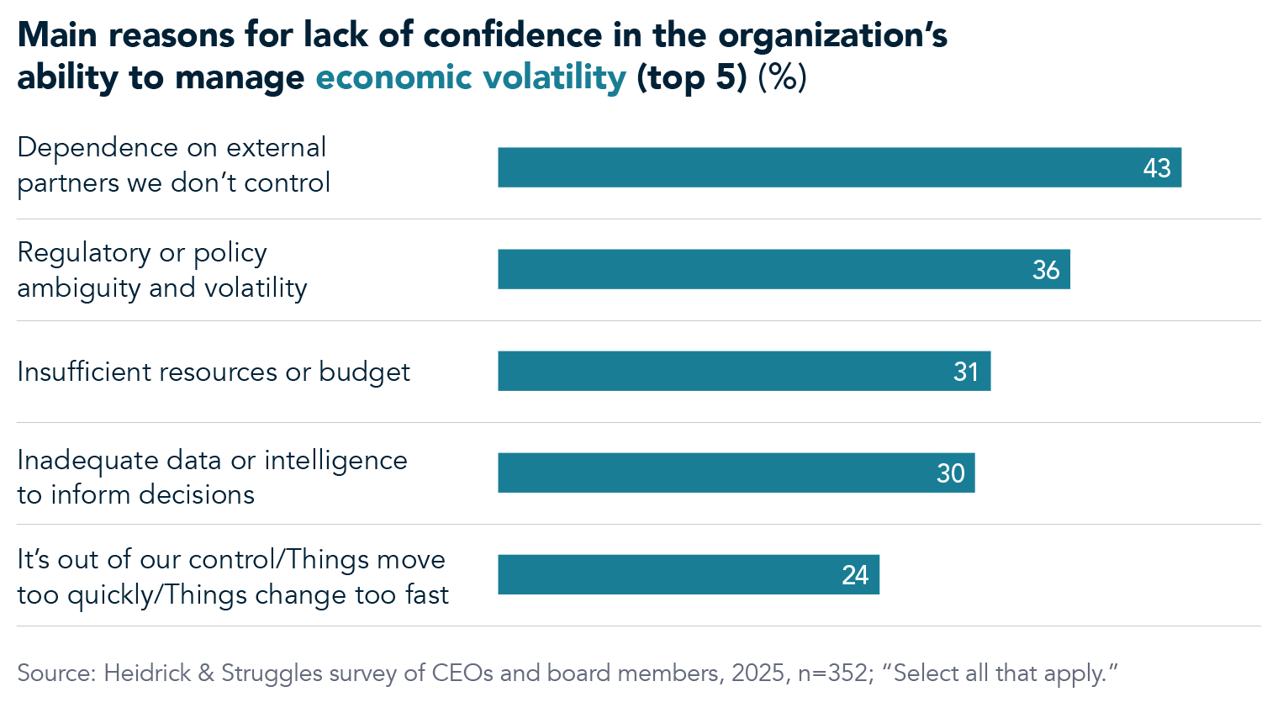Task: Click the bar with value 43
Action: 839,167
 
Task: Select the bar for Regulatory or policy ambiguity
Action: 784,269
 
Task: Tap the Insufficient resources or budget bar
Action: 744,371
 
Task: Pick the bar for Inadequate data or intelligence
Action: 736,473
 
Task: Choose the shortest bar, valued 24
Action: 688,574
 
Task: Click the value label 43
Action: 1157,168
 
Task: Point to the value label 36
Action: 1046,270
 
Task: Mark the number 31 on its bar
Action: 966,372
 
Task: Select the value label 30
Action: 950,473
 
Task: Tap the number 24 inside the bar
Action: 855,575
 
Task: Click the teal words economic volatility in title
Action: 471,77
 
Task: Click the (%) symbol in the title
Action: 782,77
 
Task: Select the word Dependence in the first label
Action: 98,148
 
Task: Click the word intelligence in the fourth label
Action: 335,461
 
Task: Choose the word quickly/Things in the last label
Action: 157,595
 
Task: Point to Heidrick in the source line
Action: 147,673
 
